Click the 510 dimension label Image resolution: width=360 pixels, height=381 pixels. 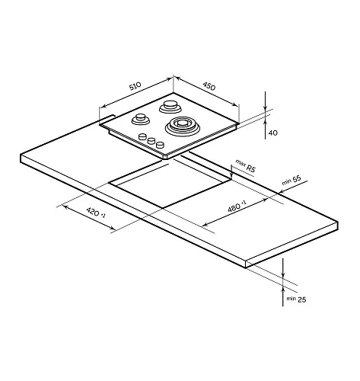coord(135,86)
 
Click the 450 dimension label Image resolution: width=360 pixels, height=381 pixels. coord(209,86)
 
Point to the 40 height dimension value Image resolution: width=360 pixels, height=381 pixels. coord(273,133)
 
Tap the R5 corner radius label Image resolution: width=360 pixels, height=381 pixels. coord(250,168)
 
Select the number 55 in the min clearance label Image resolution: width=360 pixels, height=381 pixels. coord(297,179)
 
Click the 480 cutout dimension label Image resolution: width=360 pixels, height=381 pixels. coord(234,207)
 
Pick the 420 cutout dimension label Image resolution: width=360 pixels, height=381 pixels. coord(93,212)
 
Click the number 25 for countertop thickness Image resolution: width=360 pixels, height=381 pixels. coord(301,299)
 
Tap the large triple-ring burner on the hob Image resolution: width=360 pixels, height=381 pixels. coord(182,125)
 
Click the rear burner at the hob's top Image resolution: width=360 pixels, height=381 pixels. coord(170,107)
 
